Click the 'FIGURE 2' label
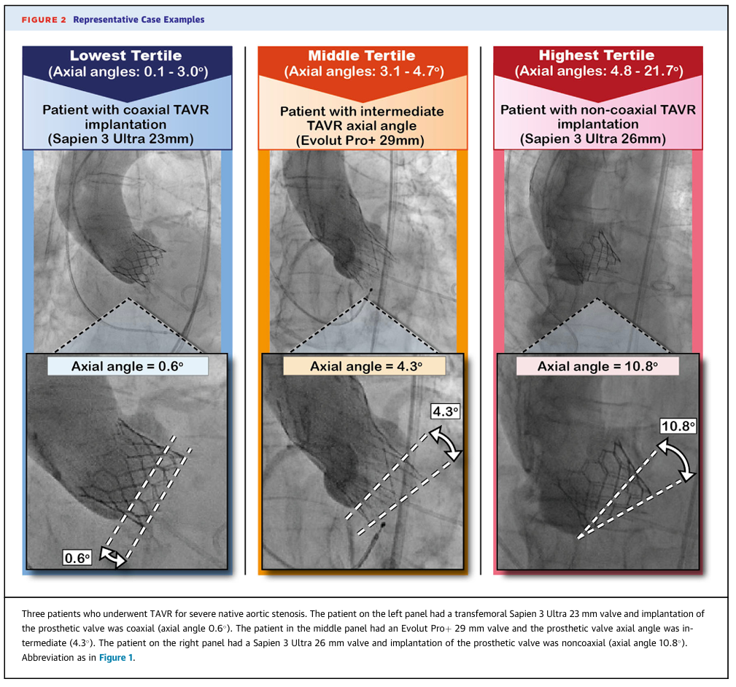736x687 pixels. pyautogui.click(x=44, y=20)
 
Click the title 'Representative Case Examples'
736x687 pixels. pyautogui.click(x=139, y=20)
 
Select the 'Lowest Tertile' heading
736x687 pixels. pyautogui.click(x=125, y=55)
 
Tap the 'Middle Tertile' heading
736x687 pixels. pyautogui.click(x=361, y=55)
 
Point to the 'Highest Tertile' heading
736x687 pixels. pyautogui.click(x=597, y=55)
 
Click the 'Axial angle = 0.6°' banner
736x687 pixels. pyautogui.click(x=128, y=366)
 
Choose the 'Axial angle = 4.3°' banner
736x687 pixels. pyautogui.click(x=364, y=366)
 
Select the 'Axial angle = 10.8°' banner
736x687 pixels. pyautogui.click(x=597, y=366)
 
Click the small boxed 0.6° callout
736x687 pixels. pyautogui.click(x=77, y=558)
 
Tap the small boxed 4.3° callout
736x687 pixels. pyautogui.click(x=446, y=411)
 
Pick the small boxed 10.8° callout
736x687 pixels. pyautogui.click(x=678, y=426)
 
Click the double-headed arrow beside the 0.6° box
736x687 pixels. pyautogui.click(x=113, y=557)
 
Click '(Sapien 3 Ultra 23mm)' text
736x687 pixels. pyautogui.click(x=120, y=139)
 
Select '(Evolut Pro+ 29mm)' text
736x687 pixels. pyautogui.click(x=360, y=140)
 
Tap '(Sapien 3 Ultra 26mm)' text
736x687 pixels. pyautogui.click(x=593, y=139)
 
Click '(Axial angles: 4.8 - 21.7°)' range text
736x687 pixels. pyautogui.click(x=598, y=71)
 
